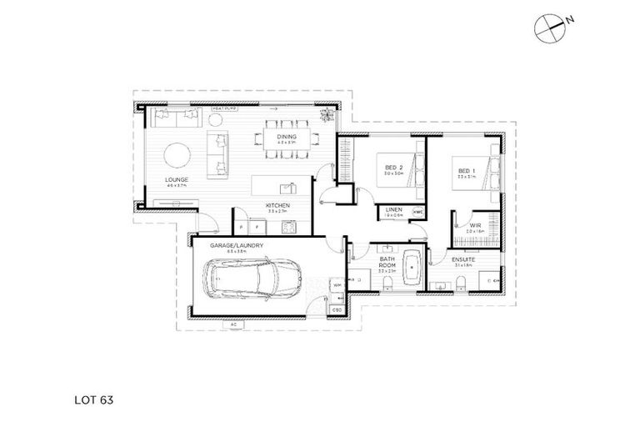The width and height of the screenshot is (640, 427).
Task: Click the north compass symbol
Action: [550, 28]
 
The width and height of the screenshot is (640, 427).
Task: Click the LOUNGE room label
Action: [176, 179]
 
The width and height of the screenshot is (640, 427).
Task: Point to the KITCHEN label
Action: [277, 204]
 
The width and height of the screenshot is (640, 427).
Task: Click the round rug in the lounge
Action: [178, 155]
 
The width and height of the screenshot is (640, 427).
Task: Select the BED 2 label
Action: [393, 168]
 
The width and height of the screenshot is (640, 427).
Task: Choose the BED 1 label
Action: [466, 172]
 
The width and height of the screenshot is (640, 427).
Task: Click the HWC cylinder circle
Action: [417, 211]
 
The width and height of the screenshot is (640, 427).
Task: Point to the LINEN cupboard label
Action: [393, 209]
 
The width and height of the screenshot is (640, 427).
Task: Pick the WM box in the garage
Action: [337, 285]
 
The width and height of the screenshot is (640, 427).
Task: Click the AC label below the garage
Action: [233, 323]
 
